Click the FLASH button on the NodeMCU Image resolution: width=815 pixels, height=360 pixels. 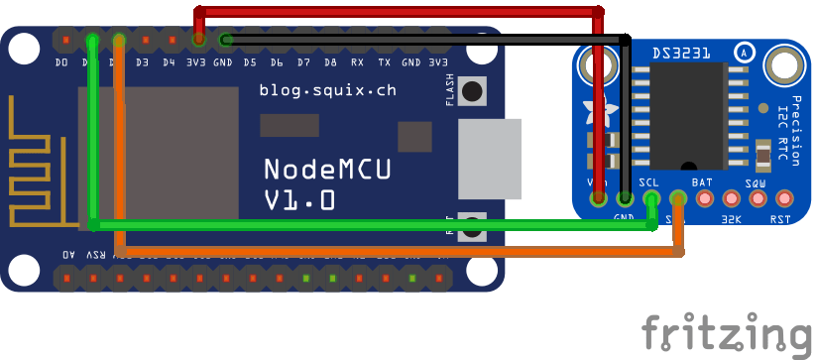pos(475,91)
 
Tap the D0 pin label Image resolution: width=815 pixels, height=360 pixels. pos(62,62)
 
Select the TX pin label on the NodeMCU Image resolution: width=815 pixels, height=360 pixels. pos(384,62)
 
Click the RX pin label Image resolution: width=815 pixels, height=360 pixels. pos(357,62)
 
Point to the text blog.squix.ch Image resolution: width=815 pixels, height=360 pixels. pos(327,90)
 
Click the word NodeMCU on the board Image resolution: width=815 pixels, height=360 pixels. pos(327,169)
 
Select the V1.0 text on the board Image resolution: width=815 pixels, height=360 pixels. pos(299,200)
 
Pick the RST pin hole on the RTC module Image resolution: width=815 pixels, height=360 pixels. pos(785,197)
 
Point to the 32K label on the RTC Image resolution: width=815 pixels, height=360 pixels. pos(732,219)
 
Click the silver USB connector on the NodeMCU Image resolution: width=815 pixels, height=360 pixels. pos(490,160)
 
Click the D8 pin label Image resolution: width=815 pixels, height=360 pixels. pos(330,62)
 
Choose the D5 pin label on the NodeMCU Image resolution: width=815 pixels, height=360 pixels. pos(250,62)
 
